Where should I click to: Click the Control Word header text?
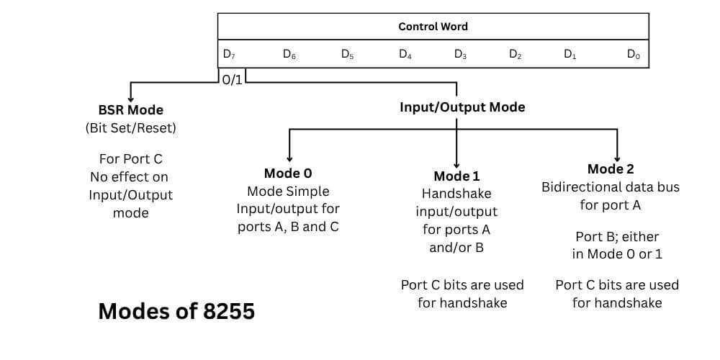click(x=433, y=27)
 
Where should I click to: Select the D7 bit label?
click(x=228, y=54)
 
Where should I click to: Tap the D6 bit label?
click(x=289, y=54)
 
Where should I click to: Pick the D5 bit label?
click(x=347, y=54)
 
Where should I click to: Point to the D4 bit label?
click(x=405, y=54)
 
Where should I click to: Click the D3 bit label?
click(x=460, y=54)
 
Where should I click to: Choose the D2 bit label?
click(x=515, y=54)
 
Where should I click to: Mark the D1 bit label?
click(x=570, y=54)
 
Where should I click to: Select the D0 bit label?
click(x=634, y=54)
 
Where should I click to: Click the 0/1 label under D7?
click(x=233, y=80)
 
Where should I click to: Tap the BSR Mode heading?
click(x=130, y=110)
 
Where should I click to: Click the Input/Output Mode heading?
click(x=462, y=107)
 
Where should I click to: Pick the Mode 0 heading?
click(x=288, y=173)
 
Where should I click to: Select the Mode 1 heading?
click(x=456, y=176)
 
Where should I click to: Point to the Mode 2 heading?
click(x=611, y=169)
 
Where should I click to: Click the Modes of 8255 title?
click(x=176, y=311)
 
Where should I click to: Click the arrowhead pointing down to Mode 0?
click(x=289, y=158)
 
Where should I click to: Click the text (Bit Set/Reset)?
click(x=130, y=128)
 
